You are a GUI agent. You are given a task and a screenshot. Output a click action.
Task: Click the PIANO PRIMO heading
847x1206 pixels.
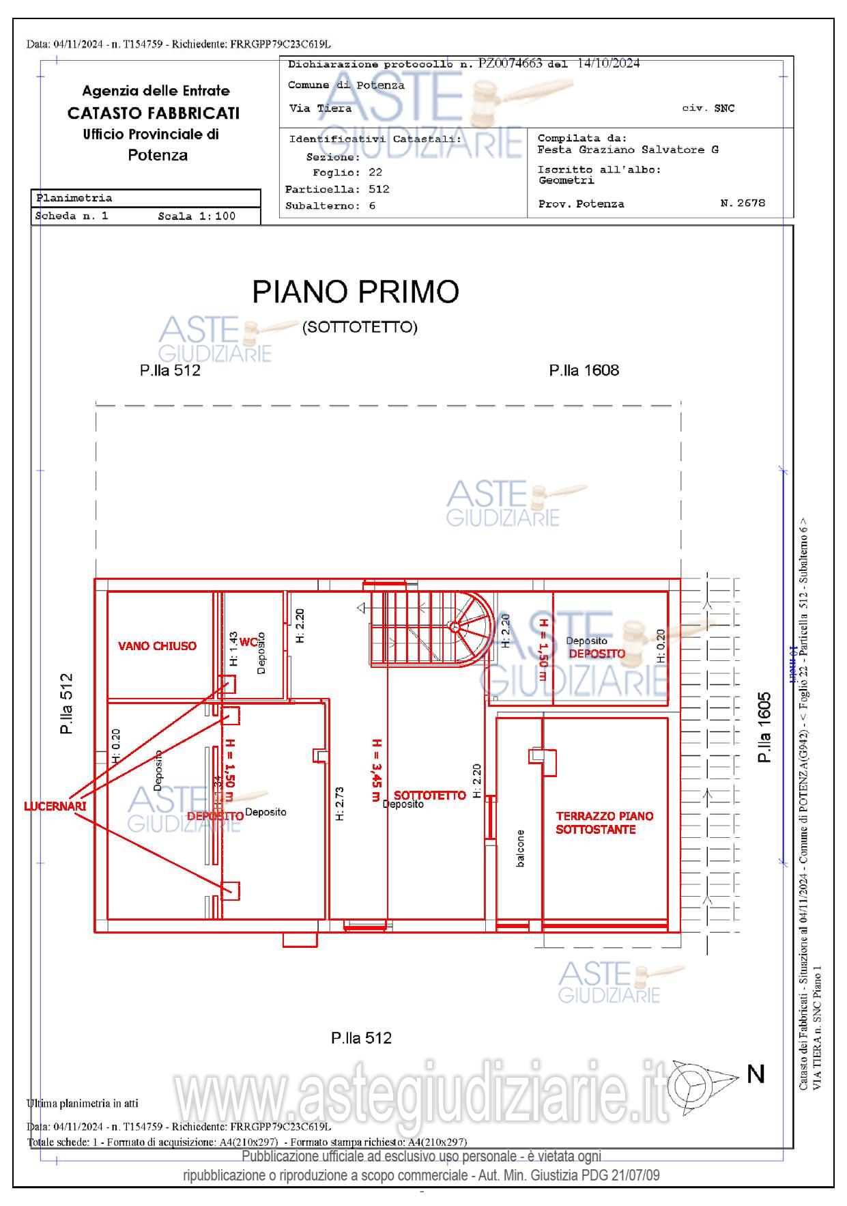coord(356,292)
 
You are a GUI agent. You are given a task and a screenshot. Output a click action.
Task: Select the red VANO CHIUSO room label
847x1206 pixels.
coord(157,645)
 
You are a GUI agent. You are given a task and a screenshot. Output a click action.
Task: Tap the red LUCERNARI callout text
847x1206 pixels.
coord(55,806)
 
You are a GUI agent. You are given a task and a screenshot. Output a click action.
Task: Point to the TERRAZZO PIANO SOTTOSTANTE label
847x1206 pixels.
coord(604,822)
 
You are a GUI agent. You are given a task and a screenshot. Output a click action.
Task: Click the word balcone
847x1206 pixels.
coord(521,848)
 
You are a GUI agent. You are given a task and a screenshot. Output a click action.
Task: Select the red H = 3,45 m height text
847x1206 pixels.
coord(376,770)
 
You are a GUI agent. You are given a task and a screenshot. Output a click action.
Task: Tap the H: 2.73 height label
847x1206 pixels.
coord(339,804)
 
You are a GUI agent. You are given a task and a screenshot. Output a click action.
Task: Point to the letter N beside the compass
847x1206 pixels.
coord(756,1074)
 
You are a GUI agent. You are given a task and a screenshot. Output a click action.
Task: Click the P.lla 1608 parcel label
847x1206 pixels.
coord(584,370)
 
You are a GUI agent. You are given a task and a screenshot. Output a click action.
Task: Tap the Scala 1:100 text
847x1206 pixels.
coord(197,216)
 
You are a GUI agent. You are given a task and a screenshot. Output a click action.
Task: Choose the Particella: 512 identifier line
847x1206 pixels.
coord(337,189)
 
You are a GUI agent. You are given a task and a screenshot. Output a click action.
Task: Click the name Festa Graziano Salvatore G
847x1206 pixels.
coord(627,150)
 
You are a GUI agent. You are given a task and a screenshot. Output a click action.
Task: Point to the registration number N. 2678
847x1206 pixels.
coord(743,203)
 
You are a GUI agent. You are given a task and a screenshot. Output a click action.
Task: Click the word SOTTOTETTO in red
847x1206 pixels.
coord(430,795)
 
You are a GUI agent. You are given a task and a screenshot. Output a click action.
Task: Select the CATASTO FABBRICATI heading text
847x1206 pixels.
coord(154,113)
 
